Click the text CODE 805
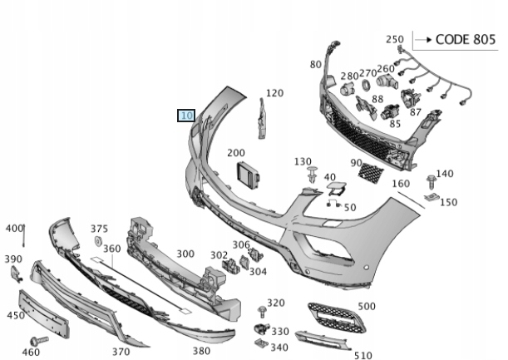click(x=465, y=39)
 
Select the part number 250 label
click(x=395, y=39)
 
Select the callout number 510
click(x=362, y=355)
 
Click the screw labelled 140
click(x=432, y=180)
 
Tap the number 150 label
click(x=448, y=203)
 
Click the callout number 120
click(x=274, y=94)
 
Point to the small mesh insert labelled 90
click(x=367, y=173)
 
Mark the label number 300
click(x=185, y=254)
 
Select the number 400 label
click(x=14, y=228)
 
